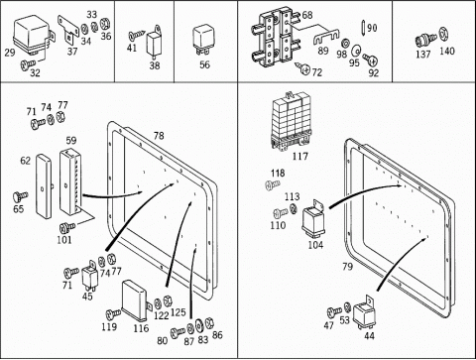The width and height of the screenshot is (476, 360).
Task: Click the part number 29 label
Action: point(10,53)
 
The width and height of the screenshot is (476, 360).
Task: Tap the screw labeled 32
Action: point(28,64)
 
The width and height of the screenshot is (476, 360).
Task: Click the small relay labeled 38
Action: point(154,42)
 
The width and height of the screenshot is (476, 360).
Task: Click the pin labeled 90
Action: point(363,27)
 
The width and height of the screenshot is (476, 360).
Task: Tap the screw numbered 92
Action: point(371,60)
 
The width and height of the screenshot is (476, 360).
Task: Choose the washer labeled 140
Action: point(443,35)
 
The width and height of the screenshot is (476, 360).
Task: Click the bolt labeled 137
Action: point(425,41)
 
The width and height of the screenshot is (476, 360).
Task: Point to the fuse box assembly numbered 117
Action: point(291,121)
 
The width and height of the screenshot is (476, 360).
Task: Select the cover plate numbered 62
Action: point(45,185)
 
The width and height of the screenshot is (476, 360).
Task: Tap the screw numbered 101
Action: point(67,228)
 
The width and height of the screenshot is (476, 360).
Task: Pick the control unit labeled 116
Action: point(136,300)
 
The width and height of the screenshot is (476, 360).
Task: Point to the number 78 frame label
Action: point(159,136)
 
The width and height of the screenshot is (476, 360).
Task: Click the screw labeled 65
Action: point(21,196)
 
